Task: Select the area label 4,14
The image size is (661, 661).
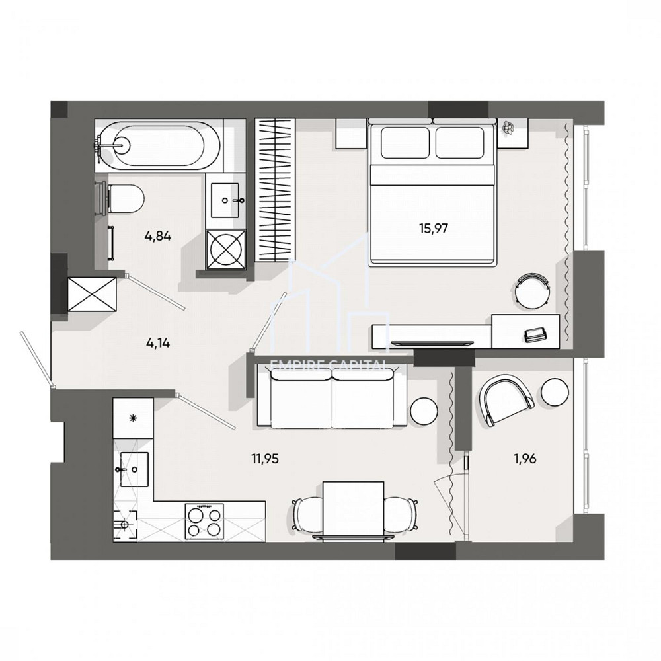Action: [x=158, y=342]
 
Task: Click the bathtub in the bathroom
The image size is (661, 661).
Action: [x=159, y=145]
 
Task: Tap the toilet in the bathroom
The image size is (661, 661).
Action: [x=126, y=196]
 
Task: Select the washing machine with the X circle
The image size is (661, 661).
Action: [x=226, y=249]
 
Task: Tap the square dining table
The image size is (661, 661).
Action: [x=353, y=510]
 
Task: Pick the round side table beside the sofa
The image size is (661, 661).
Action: [x=424, y=410]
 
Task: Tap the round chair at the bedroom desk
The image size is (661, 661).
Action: [x=532, y=291]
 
